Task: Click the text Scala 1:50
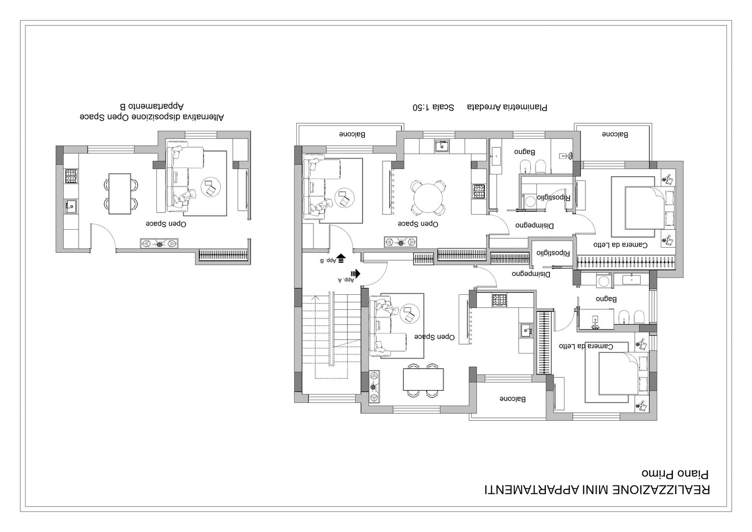coord(433,107)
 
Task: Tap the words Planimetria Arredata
coord(507,107)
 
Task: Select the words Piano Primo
coord(675,474)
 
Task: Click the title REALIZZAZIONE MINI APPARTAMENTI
coord(597,490)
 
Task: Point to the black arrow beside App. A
coord(355,274)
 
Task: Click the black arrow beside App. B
coord(341,258)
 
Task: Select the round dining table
coord(428,198)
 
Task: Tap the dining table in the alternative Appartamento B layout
coord(119,194)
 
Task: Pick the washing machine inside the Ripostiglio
coord(530,201)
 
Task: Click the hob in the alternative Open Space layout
coord(71,176)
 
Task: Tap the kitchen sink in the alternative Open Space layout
coord(71,206)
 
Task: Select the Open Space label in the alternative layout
coord(166,224)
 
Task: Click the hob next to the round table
coord(479,191)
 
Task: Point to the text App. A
coord(346,279)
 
